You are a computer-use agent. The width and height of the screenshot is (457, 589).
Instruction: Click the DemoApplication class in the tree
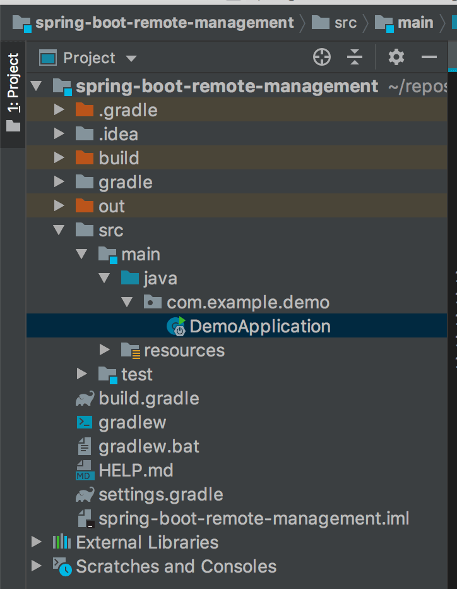point(259,326)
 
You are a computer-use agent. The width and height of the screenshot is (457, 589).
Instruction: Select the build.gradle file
point(148,398)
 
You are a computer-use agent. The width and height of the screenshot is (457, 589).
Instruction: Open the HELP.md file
point(136,470)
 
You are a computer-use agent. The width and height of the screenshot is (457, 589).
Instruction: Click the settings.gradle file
point(160,495)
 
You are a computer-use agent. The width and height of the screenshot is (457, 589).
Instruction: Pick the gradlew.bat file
point(148,446)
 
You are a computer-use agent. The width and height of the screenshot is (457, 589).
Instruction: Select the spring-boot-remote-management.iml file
point(254,518)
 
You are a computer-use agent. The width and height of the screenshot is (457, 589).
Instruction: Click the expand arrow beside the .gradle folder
point(59,110)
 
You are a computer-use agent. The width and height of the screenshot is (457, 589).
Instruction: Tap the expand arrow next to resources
point(104,349)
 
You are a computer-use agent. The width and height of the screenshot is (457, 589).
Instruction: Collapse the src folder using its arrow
point(59,230)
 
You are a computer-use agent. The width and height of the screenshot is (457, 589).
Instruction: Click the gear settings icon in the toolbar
point(396,57)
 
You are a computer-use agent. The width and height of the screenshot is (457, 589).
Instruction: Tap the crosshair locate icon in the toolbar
point(322,57)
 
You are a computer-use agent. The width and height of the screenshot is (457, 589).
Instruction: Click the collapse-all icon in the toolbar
point(355,57)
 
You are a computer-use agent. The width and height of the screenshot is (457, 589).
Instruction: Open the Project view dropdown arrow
point(131,59)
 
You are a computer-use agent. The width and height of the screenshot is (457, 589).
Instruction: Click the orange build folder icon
point(85,157)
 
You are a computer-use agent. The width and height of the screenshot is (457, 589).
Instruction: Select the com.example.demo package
point(247,302)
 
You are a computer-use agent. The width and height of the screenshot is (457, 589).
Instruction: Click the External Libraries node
point(147,542)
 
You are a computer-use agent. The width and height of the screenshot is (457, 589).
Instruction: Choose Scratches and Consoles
point(176,566)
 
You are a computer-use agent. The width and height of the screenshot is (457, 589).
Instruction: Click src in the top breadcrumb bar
point(345,23)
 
